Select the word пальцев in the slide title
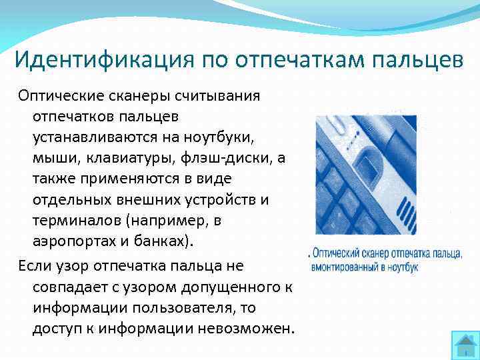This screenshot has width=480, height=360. pos(414,61)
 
